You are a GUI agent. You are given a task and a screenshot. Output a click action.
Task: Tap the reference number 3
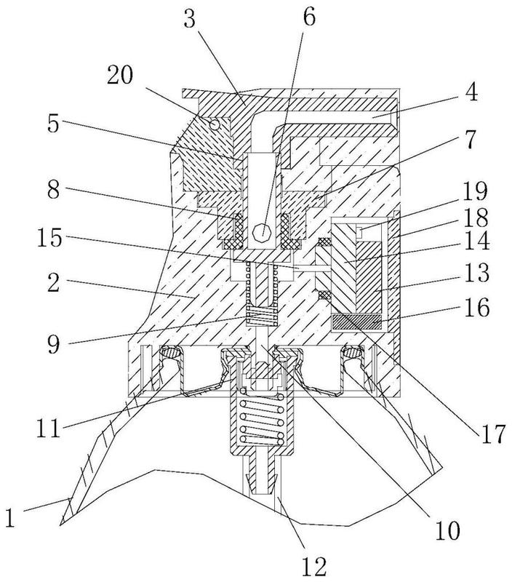(190, 20)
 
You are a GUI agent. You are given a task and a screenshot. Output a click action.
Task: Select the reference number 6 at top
(309, 17)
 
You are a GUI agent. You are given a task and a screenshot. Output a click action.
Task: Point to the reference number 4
(471, 92)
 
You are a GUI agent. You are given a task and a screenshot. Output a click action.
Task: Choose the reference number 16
(476, 307)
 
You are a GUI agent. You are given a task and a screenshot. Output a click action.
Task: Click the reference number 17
(493, 434)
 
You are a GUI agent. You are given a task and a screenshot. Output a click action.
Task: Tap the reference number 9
(53, 344)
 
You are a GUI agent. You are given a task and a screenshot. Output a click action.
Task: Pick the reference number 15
(49, 238)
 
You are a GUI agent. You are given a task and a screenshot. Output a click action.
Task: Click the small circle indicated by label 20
(214, 124)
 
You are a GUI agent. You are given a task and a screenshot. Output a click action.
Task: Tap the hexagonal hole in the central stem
(263, 233)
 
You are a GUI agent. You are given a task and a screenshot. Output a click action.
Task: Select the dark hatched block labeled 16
(356, 322)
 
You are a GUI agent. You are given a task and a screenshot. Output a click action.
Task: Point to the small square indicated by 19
(359, 231)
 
